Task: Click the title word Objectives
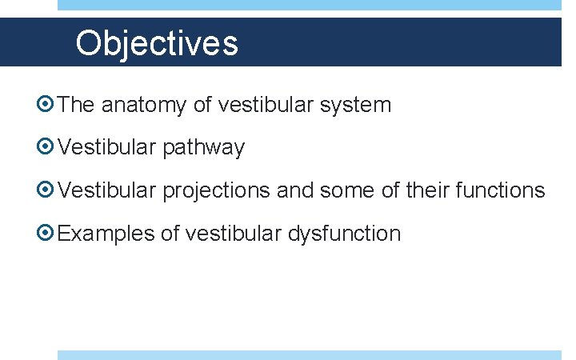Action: pos(157,43)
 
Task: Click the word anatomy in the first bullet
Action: pos(146,105)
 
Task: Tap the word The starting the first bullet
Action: pos(77,105)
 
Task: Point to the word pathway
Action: pos(204,148)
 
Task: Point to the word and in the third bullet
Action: pos(295,191)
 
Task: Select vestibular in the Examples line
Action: pos(234,234)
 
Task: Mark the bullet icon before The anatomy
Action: pos(47,105)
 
